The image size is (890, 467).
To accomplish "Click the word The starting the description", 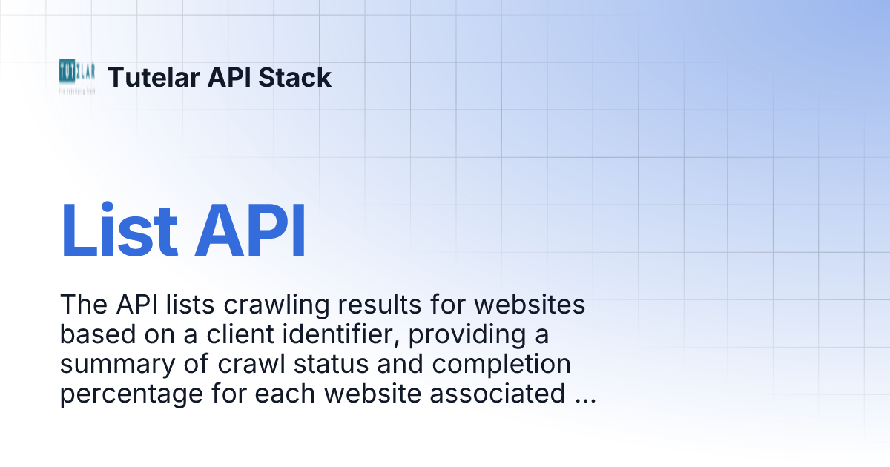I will [82, 305].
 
